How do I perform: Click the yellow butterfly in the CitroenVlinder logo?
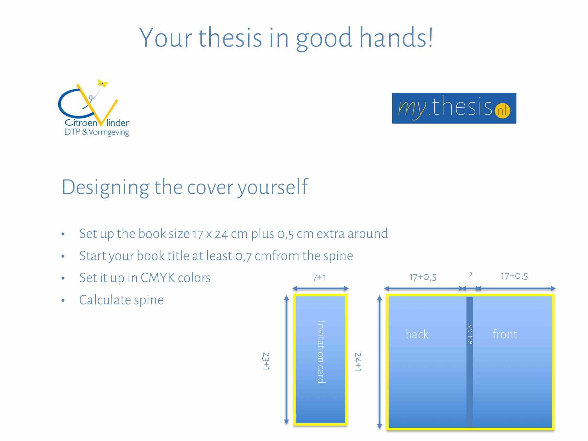[x=103, y=83]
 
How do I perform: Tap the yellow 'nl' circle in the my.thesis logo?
[x=502, y=110]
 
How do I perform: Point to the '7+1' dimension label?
[x=319, y=278]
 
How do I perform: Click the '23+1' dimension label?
[x=266, y=361]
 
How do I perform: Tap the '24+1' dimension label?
[x=358, y=362]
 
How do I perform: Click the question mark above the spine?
[x=470, y=275]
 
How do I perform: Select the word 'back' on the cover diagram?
[x=417, y=334]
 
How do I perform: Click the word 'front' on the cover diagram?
[x=505, y=334]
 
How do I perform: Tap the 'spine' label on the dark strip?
[x=470, y=334]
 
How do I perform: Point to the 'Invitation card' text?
[x=321, y=352]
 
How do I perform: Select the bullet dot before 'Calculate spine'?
[x=63, y=301]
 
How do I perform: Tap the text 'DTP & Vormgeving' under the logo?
[x=96, y=132]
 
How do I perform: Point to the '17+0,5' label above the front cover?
[x=514, y=276]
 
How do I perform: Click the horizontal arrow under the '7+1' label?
[x=320, y=288]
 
